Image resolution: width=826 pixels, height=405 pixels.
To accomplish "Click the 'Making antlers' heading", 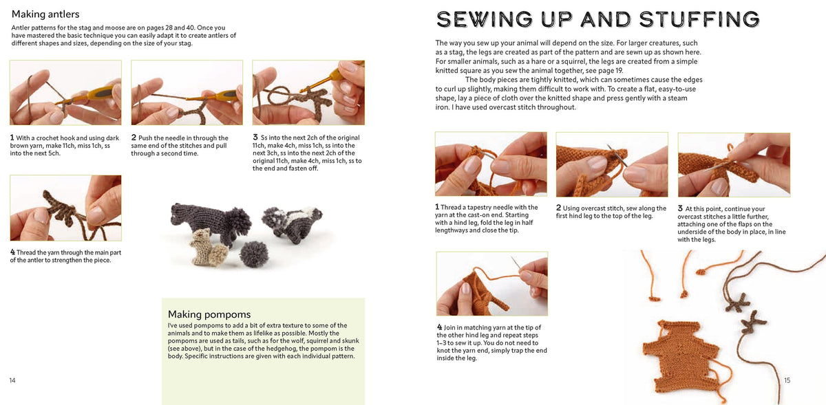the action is pyautogui.click(x=45, y=14).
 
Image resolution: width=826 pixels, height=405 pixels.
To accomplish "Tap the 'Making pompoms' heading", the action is pyautogui.click(x=209, y=314).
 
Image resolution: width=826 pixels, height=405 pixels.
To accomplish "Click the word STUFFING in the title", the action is pyautogui.click(x=699, y=19).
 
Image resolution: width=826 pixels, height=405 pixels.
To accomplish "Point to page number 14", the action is pyautogui.click(x=12, y=380).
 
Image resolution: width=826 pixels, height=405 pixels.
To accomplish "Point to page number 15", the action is pyautogui.click(x=787, y=380).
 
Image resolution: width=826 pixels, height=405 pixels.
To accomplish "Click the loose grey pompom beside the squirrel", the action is pyautogui.click(x=254, y=254).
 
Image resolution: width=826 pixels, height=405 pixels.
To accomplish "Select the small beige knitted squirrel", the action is pyautogui.click(x=209, y=248).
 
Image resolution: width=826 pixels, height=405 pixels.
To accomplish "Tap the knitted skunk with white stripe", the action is pyautogui.click(x=292, y=223).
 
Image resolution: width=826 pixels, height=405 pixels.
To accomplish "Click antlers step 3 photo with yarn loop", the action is pyautogui.click(x=308, y=93).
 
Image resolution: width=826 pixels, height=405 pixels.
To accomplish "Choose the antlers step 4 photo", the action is pyautogui.click(x=65, y=208).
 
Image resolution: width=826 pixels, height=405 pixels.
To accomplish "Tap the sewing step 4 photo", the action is pyautogui.click(x=492, y=284).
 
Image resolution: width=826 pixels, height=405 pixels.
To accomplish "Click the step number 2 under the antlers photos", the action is pyautogui.click(x=134, y=138).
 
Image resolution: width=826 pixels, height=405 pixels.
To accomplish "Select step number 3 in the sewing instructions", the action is pyautogui.click(x=680, y=208).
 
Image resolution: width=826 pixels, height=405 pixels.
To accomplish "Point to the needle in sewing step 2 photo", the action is pyautogui.click(x=617, y=157).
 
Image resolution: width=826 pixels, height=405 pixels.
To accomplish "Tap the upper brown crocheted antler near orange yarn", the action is pyautogui.click(x=737, y=302).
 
